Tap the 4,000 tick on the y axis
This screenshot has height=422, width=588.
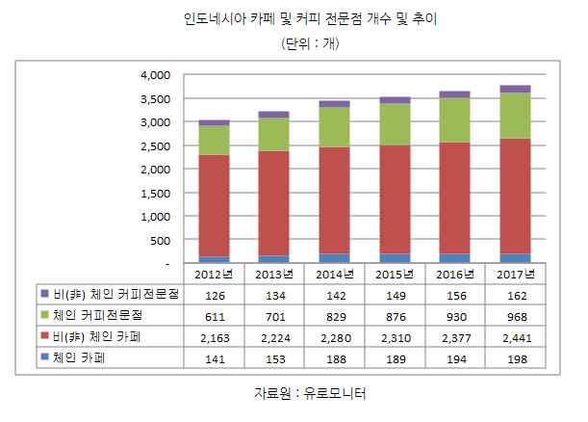coord(154,75)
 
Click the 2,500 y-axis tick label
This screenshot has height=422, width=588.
coord(154,145)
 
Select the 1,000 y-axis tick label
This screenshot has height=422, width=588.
coord(154,217)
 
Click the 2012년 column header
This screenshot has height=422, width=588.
coord(214,274)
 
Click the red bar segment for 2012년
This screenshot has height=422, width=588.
coord(214,206)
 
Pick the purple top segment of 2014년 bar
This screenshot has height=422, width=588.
coord(334,103)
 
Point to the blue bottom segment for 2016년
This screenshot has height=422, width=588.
coord(454,258)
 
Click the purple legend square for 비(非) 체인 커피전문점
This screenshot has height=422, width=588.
coord(44,293)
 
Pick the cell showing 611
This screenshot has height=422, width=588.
coord(215,315)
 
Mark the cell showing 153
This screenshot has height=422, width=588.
coord(274,357)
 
